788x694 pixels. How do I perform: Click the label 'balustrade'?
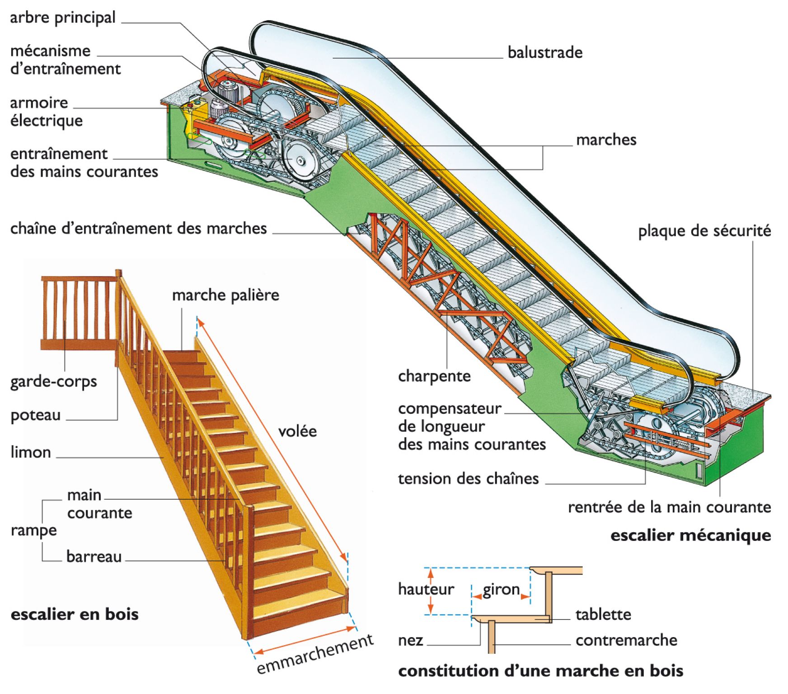coord(545,52)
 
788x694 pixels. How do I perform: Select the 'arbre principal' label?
coord(63,18)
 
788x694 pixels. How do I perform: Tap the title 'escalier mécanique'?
coord(690,535)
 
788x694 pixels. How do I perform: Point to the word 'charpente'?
coord(434,376)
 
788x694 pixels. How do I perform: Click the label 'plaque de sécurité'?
coord(704,231)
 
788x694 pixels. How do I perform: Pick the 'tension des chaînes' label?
coord(468,478)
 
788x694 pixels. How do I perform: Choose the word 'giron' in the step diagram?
coord(501,589)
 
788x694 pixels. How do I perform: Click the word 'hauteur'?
coord(426,589)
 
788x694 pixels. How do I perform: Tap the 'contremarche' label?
coord(626,640)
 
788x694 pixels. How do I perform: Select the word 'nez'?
coord(410,640)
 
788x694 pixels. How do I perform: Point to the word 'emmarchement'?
coord(315,654)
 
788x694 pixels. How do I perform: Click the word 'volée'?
coord(297,431)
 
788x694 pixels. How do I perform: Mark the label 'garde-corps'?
coord(53,382)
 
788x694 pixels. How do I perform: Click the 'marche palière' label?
coord(225,295)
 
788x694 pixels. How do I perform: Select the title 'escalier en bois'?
coord(75,614)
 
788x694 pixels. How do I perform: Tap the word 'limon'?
coord(31,452)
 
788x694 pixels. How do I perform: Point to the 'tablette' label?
coord(603,614)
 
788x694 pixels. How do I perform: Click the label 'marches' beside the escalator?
coord(606,140)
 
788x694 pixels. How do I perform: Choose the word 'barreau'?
coord(94,556)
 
